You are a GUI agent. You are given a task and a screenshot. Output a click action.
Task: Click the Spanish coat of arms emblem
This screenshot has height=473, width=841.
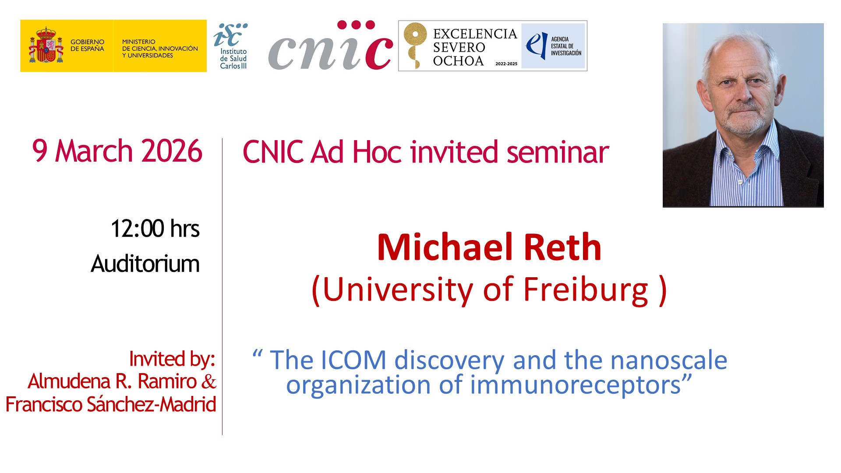click(x=46, y=46)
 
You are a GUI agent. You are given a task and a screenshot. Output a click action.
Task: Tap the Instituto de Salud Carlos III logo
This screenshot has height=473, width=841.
click(x=231, y=46)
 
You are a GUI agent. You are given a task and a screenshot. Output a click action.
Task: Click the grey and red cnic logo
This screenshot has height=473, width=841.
click(x=331, y=46)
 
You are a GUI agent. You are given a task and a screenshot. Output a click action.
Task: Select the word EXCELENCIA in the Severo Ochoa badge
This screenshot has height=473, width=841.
click(x=475, y=34)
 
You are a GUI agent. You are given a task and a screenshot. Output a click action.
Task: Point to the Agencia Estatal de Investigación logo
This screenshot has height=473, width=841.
click(x=554, y=46)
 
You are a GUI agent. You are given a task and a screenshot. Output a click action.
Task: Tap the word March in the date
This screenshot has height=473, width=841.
click(x=94, y=151)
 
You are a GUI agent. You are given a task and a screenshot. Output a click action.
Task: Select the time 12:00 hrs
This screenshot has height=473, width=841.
click(x=155, y=229)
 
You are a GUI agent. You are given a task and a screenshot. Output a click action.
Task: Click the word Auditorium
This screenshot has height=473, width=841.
click(x=145, y=264)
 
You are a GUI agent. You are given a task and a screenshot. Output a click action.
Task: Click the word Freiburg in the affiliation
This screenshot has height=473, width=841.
click(x=586, y=289)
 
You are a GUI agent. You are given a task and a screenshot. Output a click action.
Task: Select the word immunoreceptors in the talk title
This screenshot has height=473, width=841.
click(x=575, y=385)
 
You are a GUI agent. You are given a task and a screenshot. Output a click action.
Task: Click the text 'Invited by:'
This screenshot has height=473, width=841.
click(x=172, y=359)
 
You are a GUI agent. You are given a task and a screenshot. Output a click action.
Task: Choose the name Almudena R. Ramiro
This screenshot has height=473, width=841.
click(x=112, y=381)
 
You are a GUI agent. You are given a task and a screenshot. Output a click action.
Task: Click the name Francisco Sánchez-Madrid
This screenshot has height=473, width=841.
click(x=111, y=404)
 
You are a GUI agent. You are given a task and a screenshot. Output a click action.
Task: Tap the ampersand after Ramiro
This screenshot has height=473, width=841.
click(x=208, y=382)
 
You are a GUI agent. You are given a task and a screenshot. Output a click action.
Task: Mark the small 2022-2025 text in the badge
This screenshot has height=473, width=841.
click(x=506, y=64)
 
